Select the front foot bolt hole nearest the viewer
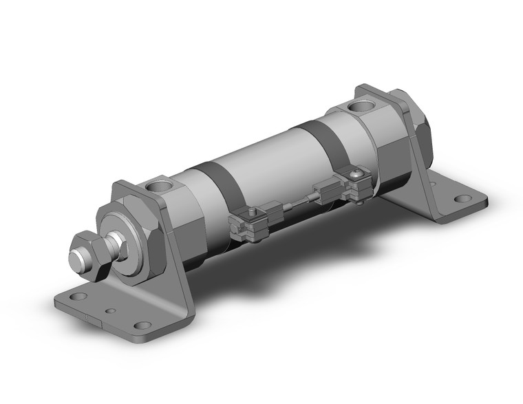pyautogui.click(x=142, y=326)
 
